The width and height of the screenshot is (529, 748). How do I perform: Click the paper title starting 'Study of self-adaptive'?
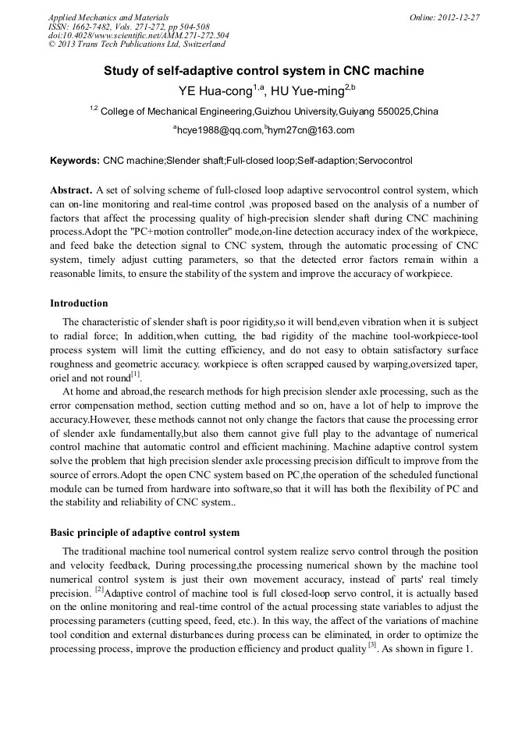point(264,71)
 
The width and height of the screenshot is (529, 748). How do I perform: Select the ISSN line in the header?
point(128,27)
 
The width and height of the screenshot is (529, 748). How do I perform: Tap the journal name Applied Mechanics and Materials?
point(108,17)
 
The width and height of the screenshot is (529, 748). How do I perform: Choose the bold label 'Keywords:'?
point(75,161)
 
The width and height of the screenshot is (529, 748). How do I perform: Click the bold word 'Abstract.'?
point(71,190)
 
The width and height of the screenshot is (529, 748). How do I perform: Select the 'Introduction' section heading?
point(79,303)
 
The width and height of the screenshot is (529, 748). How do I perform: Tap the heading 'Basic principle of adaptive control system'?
point(144,533)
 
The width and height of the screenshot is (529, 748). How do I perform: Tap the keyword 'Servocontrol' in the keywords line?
point(385,161)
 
